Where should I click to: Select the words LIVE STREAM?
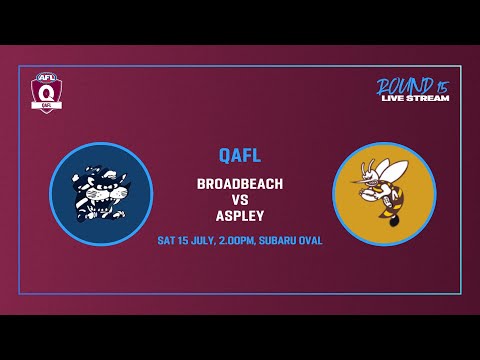[415, 98]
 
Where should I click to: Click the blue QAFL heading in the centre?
[240, 155]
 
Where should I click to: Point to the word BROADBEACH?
[240, 184]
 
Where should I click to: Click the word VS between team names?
[240, 199]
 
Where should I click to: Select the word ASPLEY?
[240, 214]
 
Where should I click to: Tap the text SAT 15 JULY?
[191, 241]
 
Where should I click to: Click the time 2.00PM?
[244, 241]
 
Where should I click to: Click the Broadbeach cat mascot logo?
[101, 194]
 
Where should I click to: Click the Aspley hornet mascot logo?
[384, 194]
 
